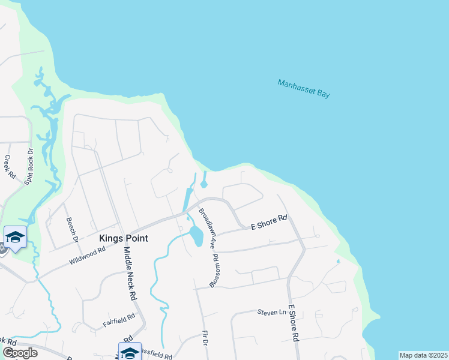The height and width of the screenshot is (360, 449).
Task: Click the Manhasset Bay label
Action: (x=304, y=88)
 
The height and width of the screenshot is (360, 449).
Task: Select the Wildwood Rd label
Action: (x=90, y=254)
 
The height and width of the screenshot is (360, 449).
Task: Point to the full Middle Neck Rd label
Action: (x=130, y=274)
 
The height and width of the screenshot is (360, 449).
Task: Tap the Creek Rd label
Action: (x=9, y=167)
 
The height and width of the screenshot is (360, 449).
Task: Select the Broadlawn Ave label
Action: (x=206, y=229)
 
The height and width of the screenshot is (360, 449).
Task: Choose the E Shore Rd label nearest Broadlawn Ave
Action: (x=269, y=223)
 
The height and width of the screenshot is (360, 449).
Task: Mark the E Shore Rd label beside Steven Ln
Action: (x=294, y=323)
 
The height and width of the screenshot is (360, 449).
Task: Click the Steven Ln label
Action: (x=272, y=312)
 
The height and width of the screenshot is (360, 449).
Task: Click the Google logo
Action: (x=20, y=352)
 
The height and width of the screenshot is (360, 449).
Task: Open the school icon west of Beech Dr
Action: (x=15, y=236)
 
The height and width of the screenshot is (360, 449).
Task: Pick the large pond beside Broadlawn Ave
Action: (x=196, y=236)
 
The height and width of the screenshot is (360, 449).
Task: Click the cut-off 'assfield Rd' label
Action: (x=159, y=355)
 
